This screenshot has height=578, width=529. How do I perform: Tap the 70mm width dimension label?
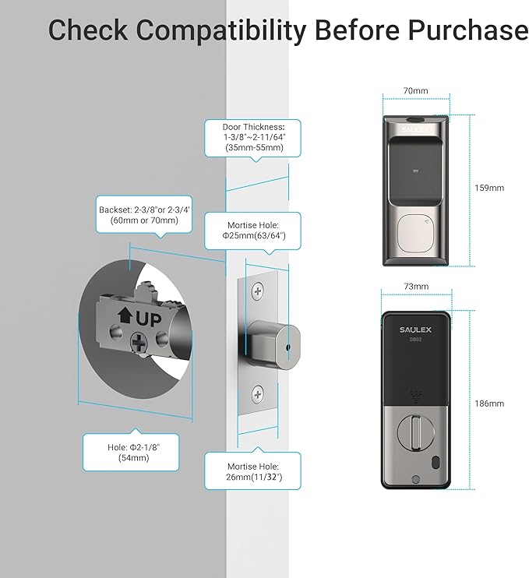click(415, 90)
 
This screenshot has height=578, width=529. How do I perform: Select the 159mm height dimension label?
click(489, 188)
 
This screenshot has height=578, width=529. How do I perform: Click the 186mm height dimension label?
click(489, 404)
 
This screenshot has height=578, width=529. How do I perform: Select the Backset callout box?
click(143, 214)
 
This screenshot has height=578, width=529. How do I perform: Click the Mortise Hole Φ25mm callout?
click(252, 231)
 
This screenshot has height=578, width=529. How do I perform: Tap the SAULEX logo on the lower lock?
click(415, 329)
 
